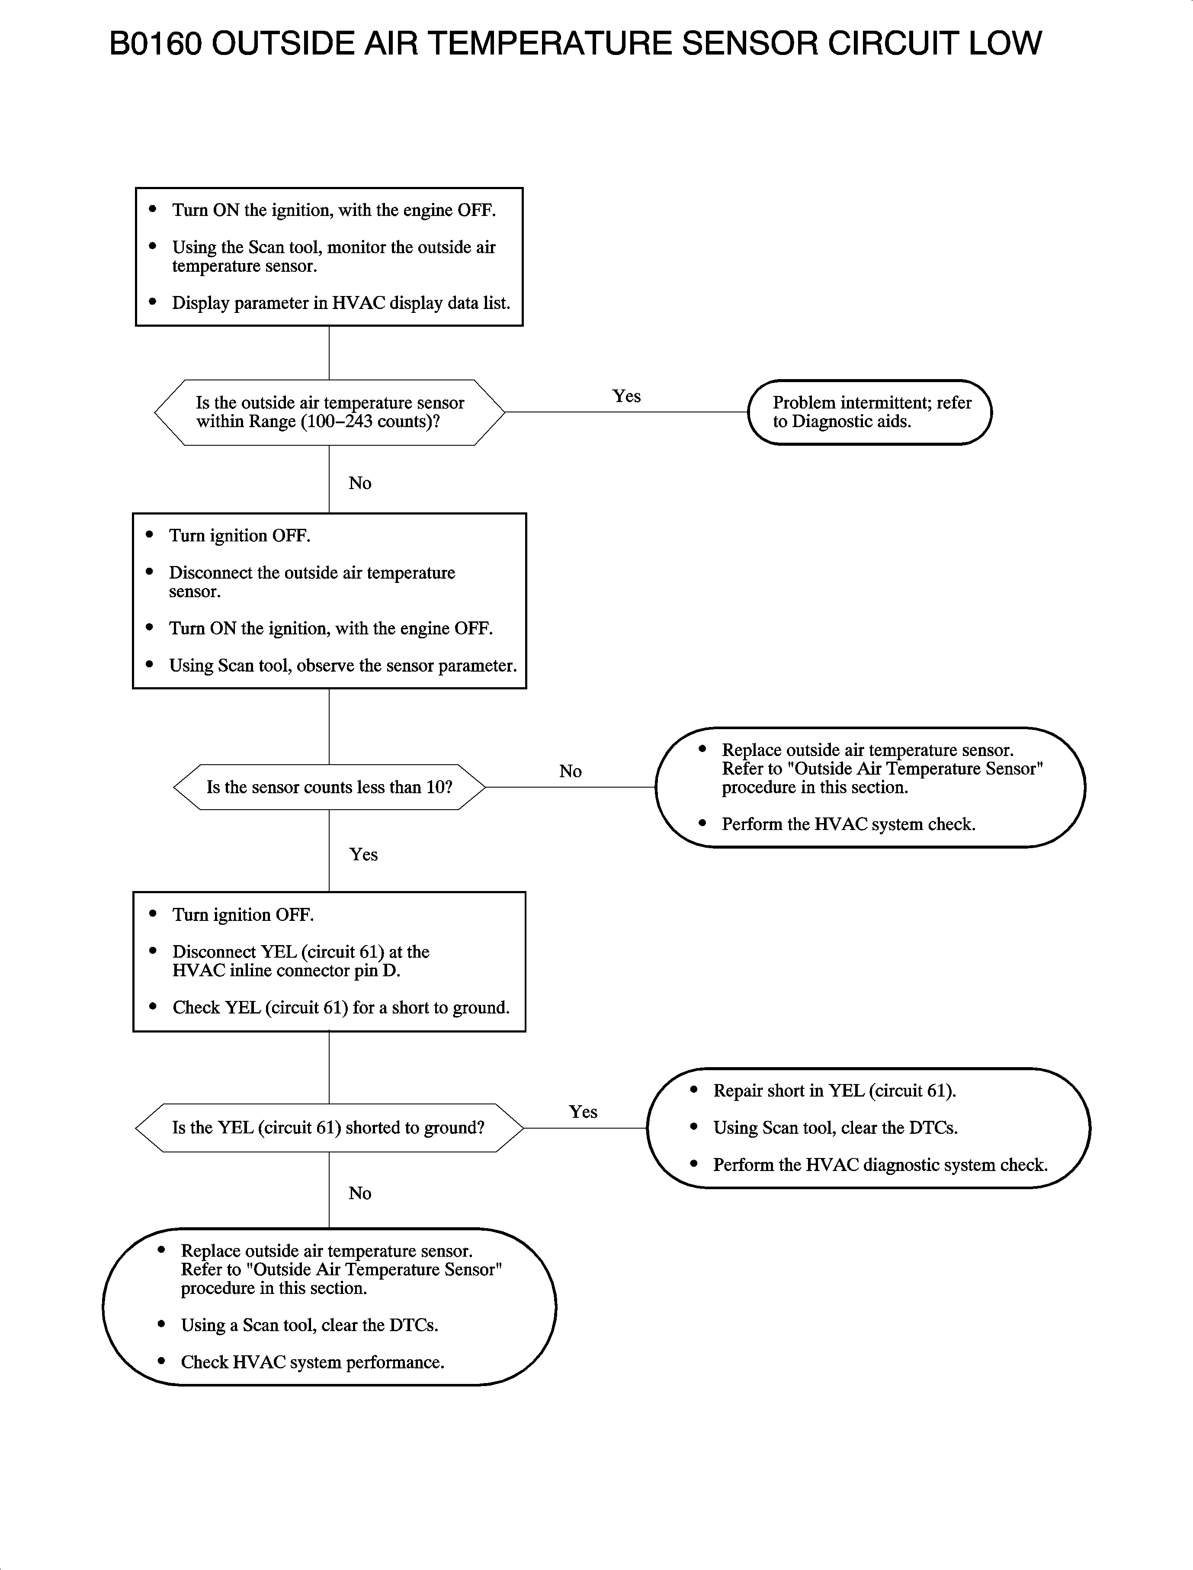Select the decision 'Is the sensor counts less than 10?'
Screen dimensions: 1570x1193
(329, 787)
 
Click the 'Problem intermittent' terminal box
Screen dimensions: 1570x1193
(870, 412)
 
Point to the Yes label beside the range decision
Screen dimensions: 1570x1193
(626, 396)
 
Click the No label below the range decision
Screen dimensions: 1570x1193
(360, 483)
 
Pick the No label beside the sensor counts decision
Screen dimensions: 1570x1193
(570, 772)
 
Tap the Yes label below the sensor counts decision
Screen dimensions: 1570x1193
(363, 855)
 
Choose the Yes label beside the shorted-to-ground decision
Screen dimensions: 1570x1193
(583, 1112)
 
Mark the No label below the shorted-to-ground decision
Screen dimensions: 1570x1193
(360, 1194)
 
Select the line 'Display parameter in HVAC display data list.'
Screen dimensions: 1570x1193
(341, 303)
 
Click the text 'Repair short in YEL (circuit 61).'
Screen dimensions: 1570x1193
(834, 1091)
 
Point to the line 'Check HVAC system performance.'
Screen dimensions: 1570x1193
(312, 1363)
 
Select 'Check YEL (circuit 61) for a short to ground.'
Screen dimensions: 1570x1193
(341, 1008)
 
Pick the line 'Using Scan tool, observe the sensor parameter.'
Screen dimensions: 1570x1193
(342, 666)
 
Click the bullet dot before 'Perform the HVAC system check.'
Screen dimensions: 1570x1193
(702, 824)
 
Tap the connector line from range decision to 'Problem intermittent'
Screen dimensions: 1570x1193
(625, 412)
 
